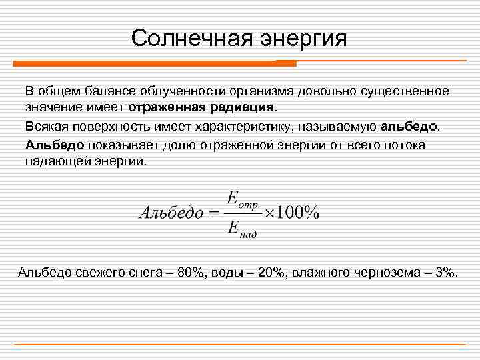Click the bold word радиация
[x=241, y=107]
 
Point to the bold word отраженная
[x=167, y=107]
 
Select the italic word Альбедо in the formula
[x=170, y=213]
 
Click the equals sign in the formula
[x=212, y=213]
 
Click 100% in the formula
[x=298, y=213]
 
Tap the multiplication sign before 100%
[x=270, y=213]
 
